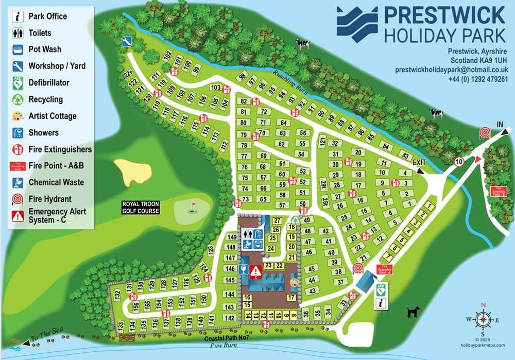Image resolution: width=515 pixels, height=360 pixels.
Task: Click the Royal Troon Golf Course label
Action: [x=141, y=208]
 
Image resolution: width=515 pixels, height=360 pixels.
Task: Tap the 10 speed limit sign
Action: [x=459, y=162]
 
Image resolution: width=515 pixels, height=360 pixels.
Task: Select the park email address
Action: [x=452, y=70]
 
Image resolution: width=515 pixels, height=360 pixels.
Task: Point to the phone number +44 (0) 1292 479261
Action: [x=478, y=79]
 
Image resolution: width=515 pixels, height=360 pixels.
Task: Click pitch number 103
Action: [x=216, y=87]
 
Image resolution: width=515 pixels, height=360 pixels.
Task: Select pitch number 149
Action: [x=231, y=237]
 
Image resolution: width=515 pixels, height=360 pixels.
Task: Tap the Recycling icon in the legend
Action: [x=18, y=99]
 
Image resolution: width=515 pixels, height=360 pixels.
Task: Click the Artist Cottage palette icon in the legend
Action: [x=18, y=116]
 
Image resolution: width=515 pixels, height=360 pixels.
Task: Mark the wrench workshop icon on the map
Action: [x=126, y=41]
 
